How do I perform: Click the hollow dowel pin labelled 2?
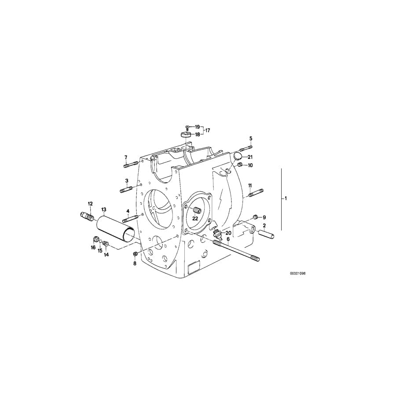coord(267,234)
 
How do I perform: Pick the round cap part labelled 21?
coord(238,156)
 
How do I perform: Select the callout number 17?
coord(207,130)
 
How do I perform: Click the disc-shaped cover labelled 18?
coord(185,134)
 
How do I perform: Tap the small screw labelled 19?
coord(187,127)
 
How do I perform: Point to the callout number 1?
coord(285,198)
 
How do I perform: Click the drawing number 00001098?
coord(297,273)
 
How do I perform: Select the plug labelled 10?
coord(240,165)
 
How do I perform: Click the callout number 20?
coord(228,233)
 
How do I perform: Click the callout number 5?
coord(251,139)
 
